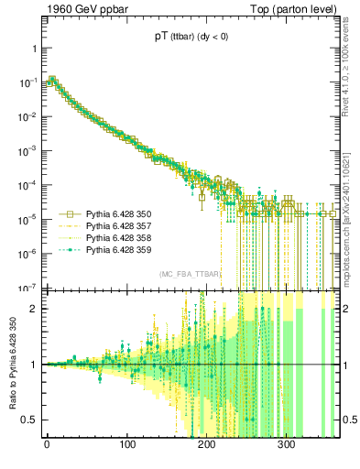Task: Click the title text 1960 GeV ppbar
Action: tap(63, 9)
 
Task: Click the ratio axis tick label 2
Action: tap(32, 308)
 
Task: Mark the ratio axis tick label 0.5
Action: tap(29, 420)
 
